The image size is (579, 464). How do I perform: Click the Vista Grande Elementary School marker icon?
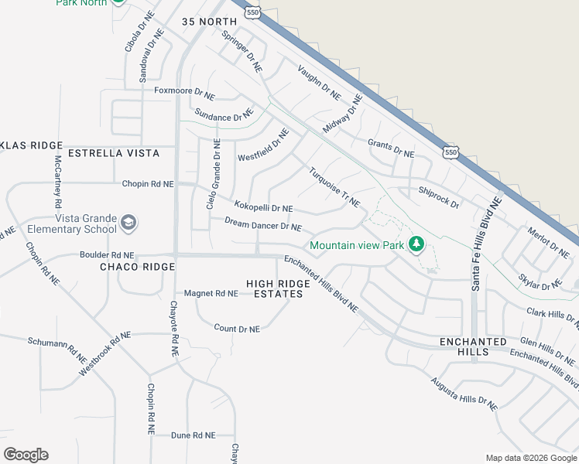tap(128, 224)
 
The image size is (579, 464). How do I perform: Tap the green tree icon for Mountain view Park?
tap(416, 245)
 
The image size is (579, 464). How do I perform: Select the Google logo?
tap(26, 455)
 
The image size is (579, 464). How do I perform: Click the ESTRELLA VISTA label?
tap(114, 153)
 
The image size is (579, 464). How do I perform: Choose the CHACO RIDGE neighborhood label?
tap(138, 267)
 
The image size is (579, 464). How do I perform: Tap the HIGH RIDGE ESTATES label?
tap(279, 289)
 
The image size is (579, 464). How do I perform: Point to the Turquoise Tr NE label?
tap(334, 187)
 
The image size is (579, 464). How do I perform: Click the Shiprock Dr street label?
tap(439, 197)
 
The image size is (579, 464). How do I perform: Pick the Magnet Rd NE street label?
tap(211, 293)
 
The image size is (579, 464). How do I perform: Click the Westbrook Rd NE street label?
tap(104, 354)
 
